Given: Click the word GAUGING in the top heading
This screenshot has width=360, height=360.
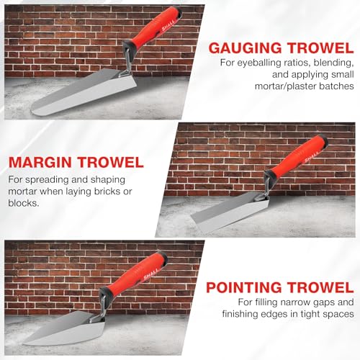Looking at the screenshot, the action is pyautogui.click(x=245, y=48).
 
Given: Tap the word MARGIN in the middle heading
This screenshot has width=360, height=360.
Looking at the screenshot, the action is pyautogui.click(x=40, y=162).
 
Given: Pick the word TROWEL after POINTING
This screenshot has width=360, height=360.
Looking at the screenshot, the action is pyautogui.click(x=321, y=287).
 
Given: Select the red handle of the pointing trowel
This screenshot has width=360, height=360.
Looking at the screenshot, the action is pyautogui.click(x=135, y=274).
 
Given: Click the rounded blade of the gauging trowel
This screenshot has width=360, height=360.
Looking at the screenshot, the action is pyautogui.click(x=84, y=92).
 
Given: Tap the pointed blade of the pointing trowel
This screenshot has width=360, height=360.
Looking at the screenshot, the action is pyautogui.click(x=65, y=330).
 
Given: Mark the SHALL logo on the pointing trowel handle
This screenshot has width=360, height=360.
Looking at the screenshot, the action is pyautogui.click(x=151, y=274).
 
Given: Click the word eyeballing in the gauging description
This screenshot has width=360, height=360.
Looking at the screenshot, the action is pyautogui.click(x=259, y=63).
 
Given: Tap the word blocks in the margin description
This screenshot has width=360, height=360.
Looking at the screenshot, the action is pyautogui.click(x=24, y=203).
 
